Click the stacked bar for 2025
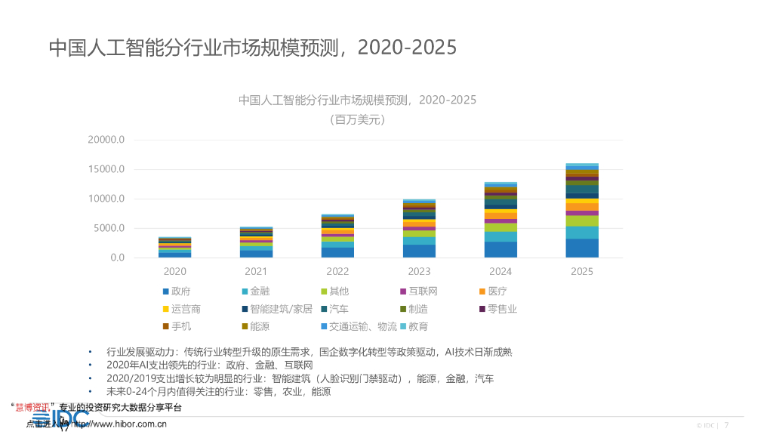pos(582,211)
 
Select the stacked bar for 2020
pos(174,248)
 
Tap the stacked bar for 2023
pos(419,229)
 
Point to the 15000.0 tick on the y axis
pos(106,169)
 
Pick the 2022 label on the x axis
pos(337,271)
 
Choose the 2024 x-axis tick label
pos(500,271)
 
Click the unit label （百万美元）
pos(357,119)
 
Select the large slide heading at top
pos(253,47)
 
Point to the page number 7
pos(726,425)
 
